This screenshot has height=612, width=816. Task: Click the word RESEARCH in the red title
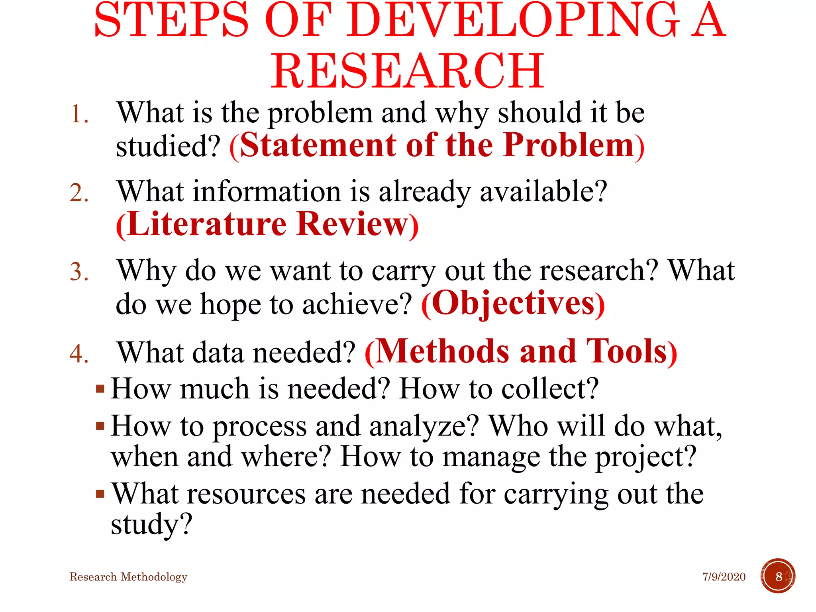(x=407, y=71)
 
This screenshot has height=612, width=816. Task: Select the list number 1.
(x=78, y=114)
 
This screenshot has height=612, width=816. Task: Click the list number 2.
(x=79, y=193)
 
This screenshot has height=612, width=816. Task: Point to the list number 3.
(x=79, y=272)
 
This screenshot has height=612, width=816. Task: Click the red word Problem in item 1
(x=568, y=145)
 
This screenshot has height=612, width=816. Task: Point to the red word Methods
(x=442, y=351)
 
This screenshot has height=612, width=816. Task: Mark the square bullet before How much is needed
(x=100, y=388)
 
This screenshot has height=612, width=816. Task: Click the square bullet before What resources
(x=100, y=494)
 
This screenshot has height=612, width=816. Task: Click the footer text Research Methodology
(x=128, y=577)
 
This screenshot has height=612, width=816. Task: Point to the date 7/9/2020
(x=724, y=577)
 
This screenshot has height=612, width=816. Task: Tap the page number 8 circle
(x=778, y=576)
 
